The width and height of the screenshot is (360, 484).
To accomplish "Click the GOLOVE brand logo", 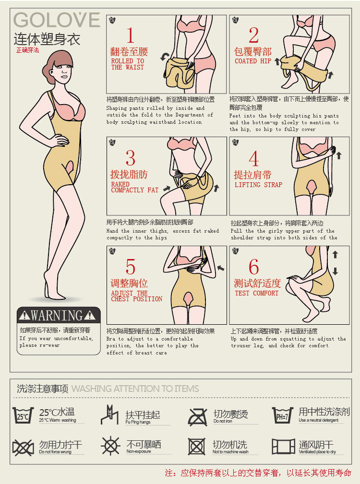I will [x=57, y=20].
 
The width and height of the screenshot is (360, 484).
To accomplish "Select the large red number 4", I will [x=253, y=159].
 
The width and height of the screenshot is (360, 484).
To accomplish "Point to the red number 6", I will [x=253, y=268].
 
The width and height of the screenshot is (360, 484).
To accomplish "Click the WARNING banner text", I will [x=57, y=316].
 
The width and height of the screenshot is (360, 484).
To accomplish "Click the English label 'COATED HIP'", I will [x=252, y=61].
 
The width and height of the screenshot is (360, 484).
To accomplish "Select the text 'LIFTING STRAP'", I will [x=258, y=185].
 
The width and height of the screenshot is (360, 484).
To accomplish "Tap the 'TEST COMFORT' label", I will [x=256, y=293].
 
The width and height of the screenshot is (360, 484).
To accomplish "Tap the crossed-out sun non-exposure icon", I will [x=110, y=447].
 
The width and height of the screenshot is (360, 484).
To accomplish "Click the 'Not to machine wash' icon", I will [x=197, y=447].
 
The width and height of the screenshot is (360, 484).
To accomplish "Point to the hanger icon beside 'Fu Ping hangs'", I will [x=109, y=415].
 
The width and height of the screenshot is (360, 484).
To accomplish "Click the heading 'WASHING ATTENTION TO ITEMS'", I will [x=135, y=389].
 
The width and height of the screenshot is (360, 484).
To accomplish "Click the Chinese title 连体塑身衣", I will [x=47, y=39].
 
